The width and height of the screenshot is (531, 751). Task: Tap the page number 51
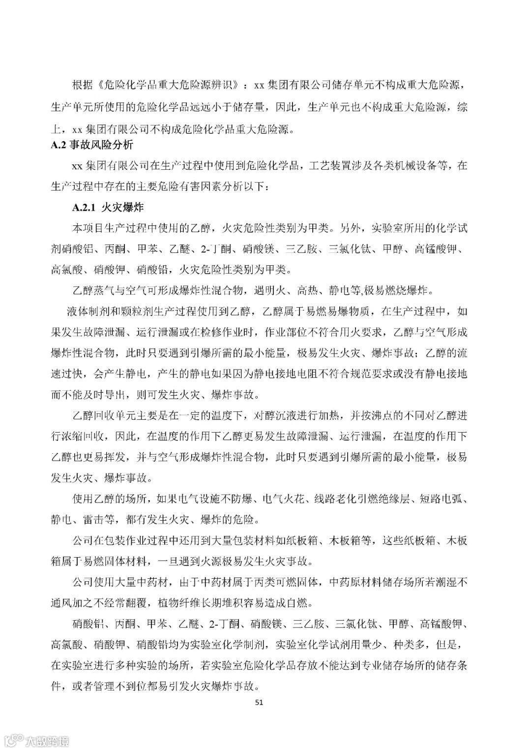(260, 702)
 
